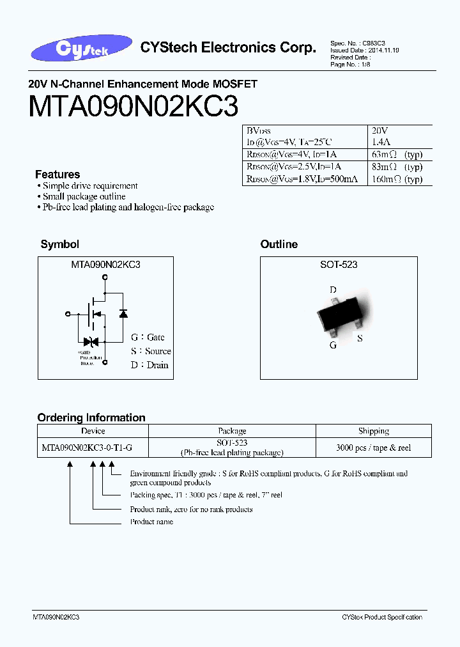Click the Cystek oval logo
(82, 49)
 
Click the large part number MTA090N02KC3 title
(134, 106)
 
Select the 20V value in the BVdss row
(379, 130)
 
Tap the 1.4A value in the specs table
(381, 143)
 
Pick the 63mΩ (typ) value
(396, 155)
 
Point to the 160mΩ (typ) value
(396, 179)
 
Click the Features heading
(57, 175)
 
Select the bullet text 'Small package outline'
(84, 197)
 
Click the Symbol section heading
(59, 244)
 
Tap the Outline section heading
(279, 244)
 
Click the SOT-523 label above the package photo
(339, 265)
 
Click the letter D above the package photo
(333, 290)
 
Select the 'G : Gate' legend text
(148, 337)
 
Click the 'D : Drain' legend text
(149, 365)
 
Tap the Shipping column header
(374, 431)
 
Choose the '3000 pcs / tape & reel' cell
(374, 448)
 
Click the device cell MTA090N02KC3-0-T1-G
(87, 448)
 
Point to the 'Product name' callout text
(151, 522)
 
